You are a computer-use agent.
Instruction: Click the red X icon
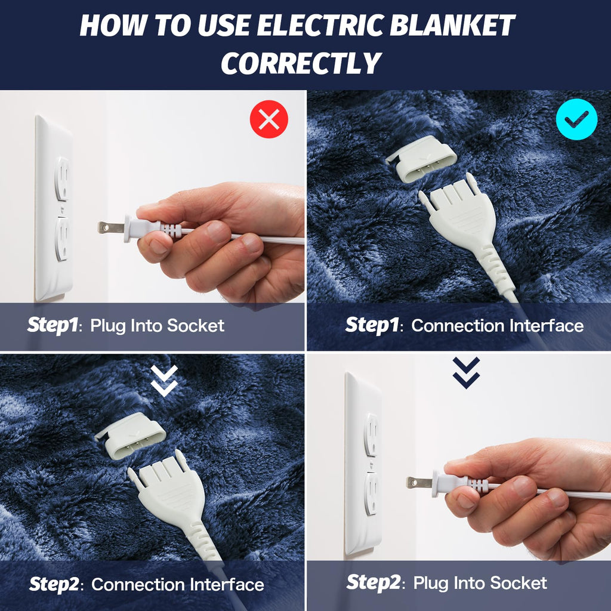click(x=269, y=119)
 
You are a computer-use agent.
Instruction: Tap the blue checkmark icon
click(x=576, y=119)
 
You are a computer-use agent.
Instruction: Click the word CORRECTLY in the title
click(x=301, y=63)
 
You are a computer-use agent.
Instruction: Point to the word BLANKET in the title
click(x=464, y=26)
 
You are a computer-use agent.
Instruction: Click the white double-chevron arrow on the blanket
click(x=164, y=381)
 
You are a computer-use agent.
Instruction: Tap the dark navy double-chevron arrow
click(x=466, y=373)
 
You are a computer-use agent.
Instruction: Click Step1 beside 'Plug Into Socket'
click(x=53, y=325)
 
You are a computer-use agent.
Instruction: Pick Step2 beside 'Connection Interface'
click(x=54, y=584)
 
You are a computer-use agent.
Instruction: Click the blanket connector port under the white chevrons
click(x=131, y=437)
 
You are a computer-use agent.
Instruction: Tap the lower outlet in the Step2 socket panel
click(x=371, y=492)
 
